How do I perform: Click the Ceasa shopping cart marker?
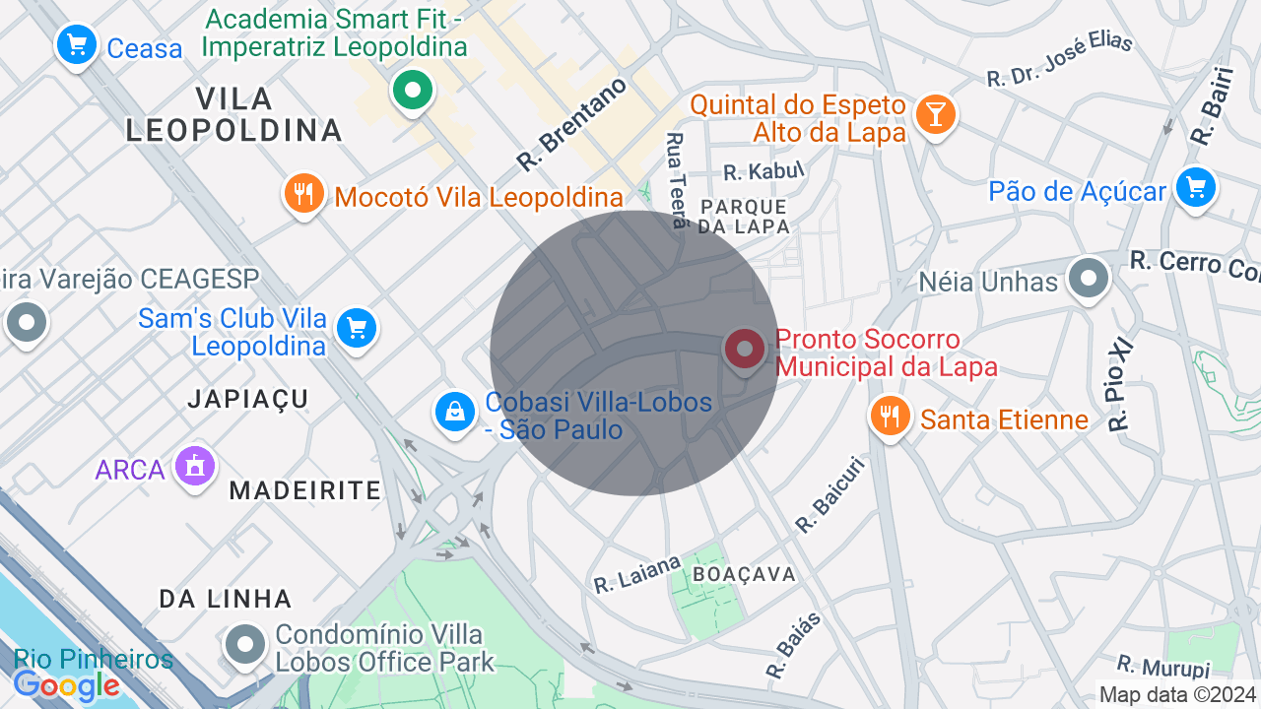[x=77, y=45]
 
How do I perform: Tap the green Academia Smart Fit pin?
[x=413, y=91]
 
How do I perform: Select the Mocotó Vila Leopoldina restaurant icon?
[x=304, y=194]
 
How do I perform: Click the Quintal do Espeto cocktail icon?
[x=934, y=115]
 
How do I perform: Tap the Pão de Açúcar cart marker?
[x=1195, y=187]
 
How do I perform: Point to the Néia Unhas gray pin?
[x=1088, y=279]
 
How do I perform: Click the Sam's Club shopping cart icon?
[x=357, y=328]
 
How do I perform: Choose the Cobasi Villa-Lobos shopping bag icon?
[x=456, y=413]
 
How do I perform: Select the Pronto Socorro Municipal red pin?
[x=745, y=350]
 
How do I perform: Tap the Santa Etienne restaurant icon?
[x=891, y=417]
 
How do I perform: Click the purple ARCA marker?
[x=195, y=466]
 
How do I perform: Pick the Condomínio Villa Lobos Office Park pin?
[x=244, y=646]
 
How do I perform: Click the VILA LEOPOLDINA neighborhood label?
[x=234, y=114]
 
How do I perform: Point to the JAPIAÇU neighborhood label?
[x=249, y=399]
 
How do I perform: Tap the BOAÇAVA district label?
[x=744, y=574]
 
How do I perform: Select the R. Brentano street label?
[x=572, y=124]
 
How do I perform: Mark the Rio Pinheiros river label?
[x=94, y=659]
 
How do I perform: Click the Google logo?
[x=67, y=685]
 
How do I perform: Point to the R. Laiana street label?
[x=637, y=573]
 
